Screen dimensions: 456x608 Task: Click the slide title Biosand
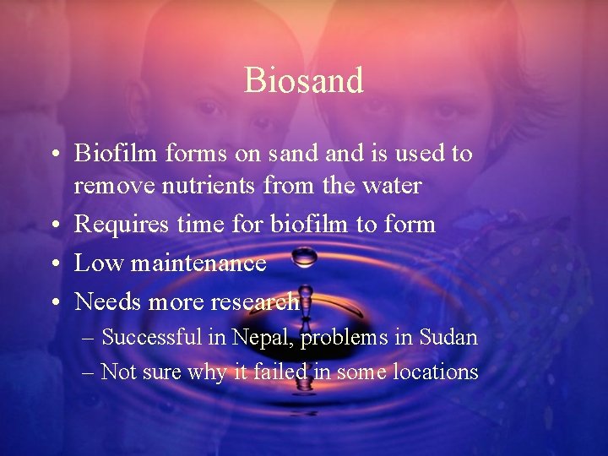[x=304, y=80]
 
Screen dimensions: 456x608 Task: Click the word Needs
[x=105, y=301]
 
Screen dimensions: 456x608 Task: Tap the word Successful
[x=151, y=338]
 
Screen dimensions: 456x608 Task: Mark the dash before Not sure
[x=89, y=372]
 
